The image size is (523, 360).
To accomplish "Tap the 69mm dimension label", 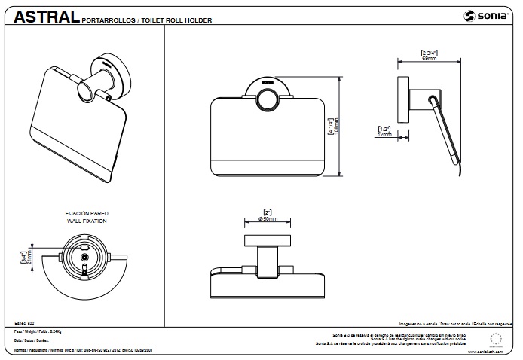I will [x=429, y=58].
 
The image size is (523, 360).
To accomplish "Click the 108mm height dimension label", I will [x=336, y=125].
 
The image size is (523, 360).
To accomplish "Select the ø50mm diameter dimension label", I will [x=268, y=218].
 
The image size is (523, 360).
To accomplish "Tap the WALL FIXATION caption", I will [x=86, y=223].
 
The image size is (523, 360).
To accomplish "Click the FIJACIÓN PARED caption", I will [x=86, y=215].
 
